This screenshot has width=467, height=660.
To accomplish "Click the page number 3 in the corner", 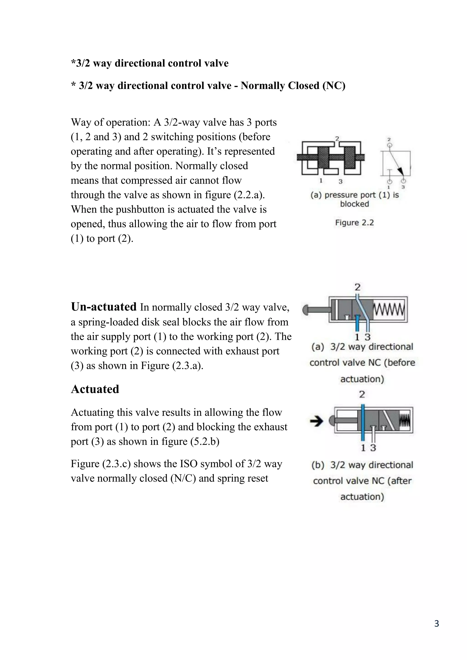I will pyautogui.click(x=436, y=632).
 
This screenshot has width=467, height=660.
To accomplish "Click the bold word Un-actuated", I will pyautogui.click(x=104, y=307).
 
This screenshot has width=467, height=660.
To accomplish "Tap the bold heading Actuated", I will pyautogui.click(x=95, y=389).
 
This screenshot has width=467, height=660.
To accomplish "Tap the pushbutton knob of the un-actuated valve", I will pyautogui.click(x=306, y=310).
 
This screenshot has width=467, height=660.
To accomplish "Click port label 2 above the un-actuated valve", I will pyautogui.click(x=358, y=287).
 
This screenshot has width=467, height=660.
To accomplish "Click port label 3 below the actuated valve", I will pyautogui.click(x=373, y=448).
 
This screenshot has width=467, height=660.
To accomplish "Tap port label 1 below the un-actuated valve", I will pyautogui.click(x=357, y=337).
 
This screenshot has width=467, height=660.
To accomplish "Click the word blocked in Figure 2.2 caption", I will pyautogui.click(x=354, y=204).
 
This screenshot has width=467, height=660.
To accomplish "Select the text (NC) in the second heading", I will pyautogui.click(x=334, y=86).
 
